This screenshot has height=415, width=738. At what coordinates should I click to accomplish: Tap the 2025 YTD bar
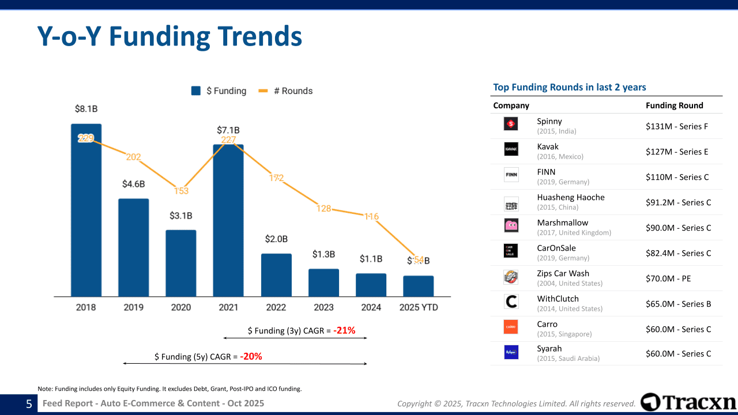tap(418, 286)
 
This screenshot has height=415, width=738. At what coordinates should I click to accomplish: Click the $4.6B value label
tap(133, 184)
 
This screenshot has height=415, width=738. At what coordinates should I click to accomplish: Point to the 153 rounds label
tap(181, 191)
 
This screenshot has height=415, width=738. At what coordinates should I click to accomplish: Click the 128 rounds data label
tap(323, 208)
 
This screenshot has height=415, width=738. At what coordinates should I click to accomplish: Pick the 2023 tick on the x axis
tap(323, 307)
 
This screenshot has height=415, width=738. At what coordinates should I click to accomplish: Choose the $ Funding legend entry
tap(219, 91)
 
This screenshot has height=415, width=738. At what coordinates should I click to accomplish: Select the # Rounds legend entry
tap(286, 91)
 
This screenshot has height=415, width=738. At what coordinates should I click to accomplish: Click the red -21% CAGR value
tap(344, 331)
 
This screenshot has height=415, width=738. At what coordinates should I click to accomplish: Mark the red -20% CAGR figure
tap(251, 357)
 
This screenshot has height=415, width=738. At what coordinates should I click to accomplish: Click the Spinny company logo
tap(511, 124)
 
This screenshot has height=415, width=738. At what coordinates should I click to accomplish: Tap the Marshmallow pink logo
tap(511, 225)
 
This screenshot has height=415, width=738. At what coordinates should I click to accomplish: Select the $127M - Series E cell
tap(677, 152)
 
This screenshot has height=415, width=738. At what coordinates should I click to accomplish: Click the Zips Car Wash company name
tap(563, 274)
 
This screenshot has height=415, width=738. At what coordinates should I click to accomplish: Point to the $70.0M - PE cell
tap(668, 279)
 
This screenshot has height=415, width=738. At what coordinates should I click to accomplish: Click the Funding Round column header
tap(674, 105)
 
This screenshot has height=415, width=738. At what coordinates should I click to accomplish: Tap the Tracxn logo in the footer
tap(688, 402)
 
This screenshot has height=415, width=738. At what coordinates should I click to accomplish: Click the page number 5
tap(29, 404)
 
